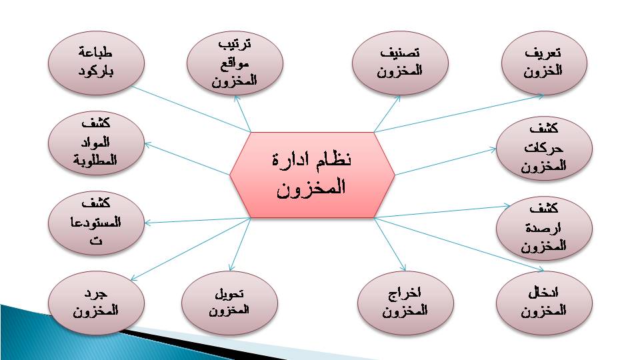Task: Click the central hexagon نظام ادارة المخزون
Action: tap(312, 175)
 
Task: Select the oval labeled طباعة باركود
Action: tap(96, 63)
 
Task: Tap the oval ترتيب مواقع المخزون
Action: tap(235, 63)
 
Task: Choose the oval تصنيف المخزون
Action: tap(400, 63)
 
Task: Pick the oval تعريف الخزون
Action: tap(544, 63)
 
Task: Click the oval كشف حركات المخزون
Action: tap(544, 148)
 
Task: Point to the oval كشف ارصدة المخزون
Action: tap(544, 228)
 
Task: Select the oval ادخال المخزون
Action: tap(544, 303)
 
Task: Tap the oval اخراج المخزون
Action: tap(405, 303)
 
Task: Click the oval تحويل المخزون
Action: tap(229, 303)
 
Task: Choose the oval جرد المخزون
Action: tap(96, 303)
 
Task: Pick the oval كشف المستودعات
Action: tap(96, 223)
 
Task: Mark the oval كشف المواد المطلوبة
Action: tap(96, 143)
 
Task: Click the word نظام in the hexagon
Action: tap(333, 159)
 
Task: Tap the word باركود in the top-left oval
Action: tap(95, 72)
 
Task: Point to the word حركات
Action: tap(544, 148)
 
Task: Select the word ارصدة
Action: tap(543, 228)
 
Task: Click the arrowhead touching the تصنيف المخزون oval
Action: tap(397, 99)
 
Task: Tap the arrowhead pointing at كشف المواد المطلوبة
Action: tap(149, 145)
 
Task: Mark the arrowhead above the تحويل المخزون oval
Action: tap(231, 267)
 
